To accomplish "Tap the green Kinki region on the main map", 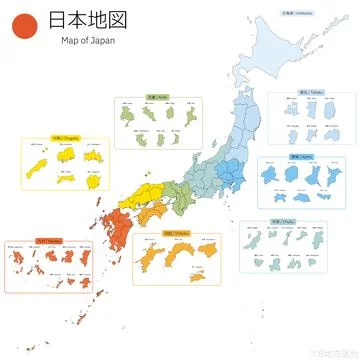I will click(x=176, y=193).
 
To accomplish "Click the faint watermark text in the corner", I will click(x=334, y=353).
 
